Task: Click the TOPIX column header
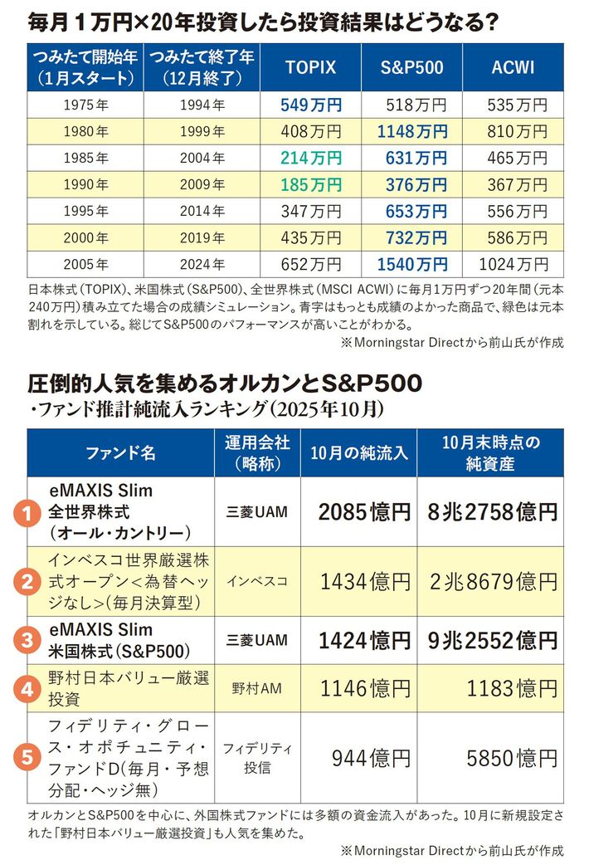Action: point(310,67)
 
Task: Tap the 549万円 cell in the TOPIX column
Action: point(311,105)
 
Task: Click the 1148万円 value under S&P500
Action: point(412,131)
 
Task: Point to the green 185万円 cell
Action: point(311,184)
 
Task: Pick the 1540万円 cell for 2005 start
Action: point(412,265)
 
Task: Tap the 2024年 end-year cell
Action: point(202,265)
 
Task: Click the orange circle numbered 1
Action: point(27,512)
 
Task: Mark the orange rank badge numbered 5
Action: point(27,756)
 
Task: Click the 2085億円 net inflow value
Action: point(364,512)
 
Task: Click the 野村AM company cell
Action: point(256,687)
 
